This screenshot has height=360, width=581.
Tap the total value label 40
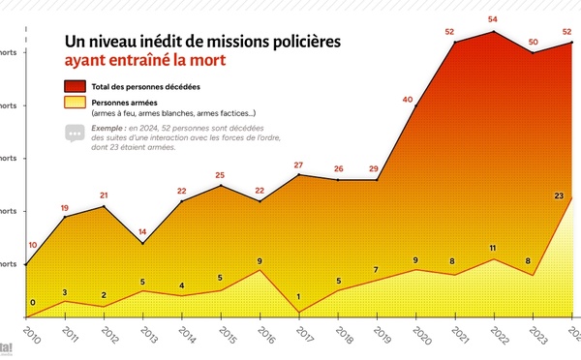pos(407,99)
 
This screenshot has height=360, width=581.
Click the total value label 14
pos(142,232)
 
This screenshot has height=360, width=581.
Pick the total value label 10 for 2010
pos(33,245)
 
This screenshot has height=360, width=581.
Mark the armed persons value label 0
pos(33,303)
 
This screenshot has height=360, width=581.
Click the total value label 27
pos(298,165)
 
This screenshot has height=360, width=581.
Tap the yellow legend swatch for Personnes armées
pos(76,104)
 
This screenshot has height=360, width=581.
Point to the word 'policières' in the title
pos(302,43)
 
